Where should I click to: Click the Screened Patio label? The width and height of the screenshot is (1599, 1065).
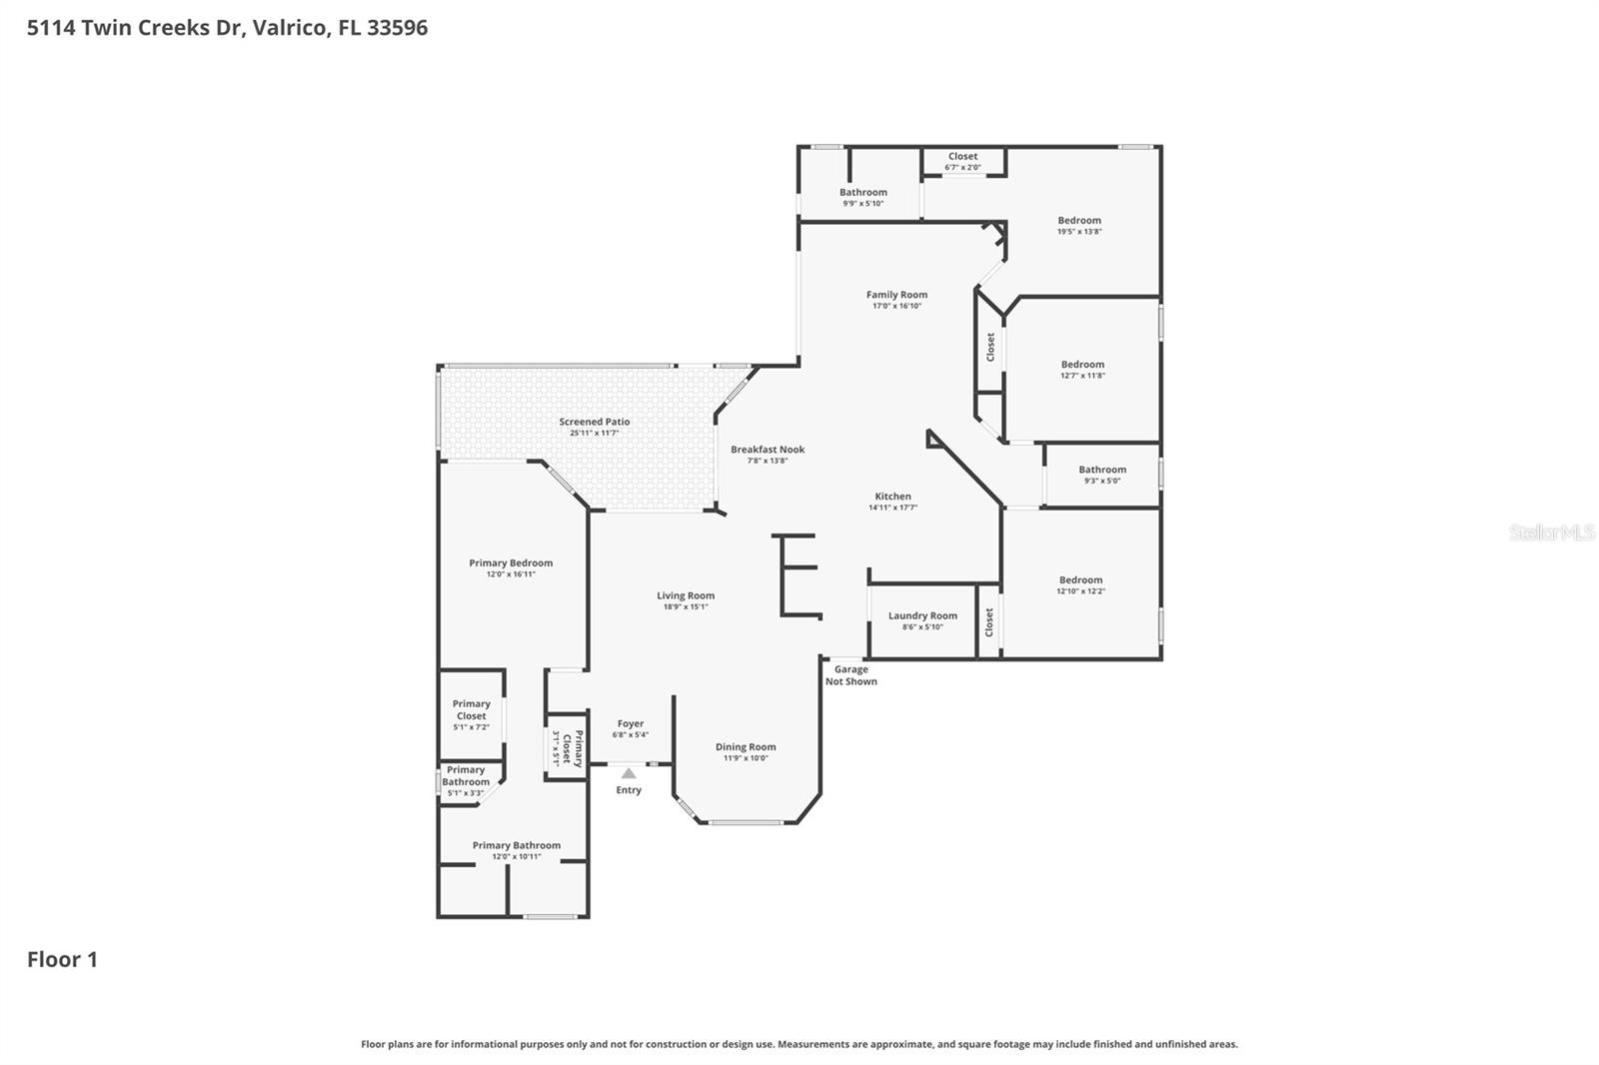coord(595,422)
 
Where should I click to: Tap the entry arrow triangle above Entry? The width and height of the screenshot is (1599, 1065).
coord(628,773)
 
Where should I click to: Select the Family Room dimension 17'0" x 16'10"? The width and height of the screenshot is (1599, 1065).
coord(896,306)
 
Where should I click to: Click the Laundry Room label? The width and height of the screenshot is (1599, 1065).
coord(922,615)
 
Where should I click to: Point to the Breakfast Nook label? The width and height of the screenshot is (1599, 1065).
coord(768,450)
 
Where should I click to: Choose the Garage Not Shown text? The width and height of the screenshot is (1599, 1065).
coord(851,675)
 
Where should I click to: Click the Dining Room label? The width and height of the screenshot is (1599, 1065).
coord(746,746)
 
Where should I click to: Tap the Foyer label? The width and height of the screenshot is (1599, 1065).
coord(631,723)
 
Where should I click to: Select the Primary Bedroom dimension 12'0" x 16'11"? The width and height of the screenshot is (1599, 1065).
coord(511,574)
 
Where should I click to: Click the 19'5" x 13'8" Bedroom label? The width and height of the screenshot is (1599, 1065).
coord(1079,221)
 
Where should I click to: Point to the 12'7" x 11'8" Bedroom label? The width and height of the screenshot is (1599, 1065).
coord(1082,365)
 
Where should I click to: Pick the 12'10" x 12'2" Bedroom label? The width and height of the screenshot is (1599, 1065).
coord(1080,579)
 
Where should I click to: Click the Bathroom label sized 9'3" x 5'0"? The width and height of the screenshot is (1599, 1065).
coord(1102,470)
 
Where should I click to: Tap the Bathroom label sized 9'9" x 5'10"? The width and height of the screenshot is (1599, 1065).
coord(863,192)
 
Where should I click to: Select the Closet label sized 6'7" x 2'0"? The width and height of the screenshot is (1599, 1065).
coord(963,156)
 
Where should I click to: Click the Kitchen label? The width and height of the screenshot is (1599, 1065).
coord(892,496)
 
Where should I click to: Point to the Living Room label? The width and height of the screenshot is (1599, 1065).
coord(686,595)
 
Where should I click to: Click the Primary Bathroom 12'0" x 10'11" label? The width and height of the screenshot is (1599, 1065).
coord(517,845)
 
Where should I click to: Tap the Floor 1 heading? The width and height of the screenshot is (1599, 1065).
coord(62,959)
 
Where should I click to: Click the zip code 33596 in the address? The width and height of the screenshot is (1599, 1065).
coord(397,27)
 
